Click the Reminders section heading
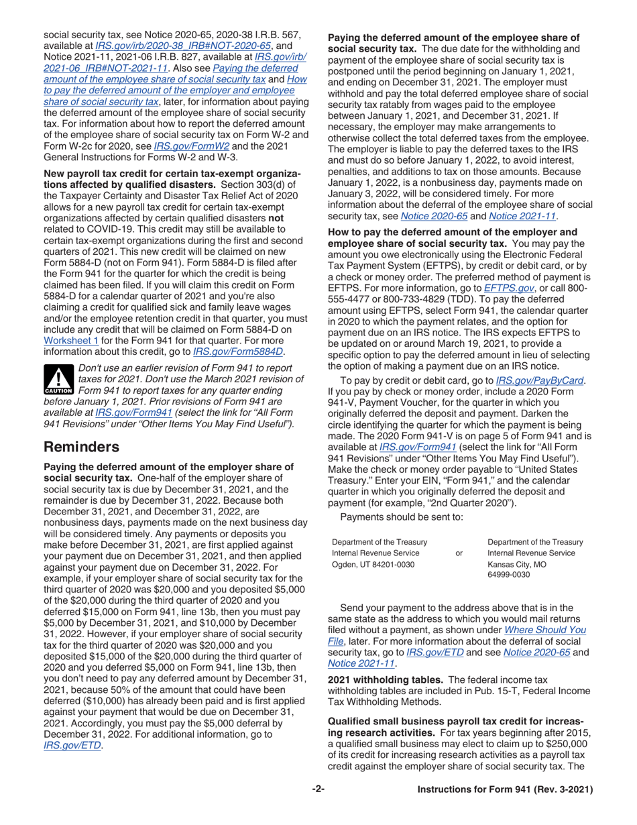click(x=82, y=447)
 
